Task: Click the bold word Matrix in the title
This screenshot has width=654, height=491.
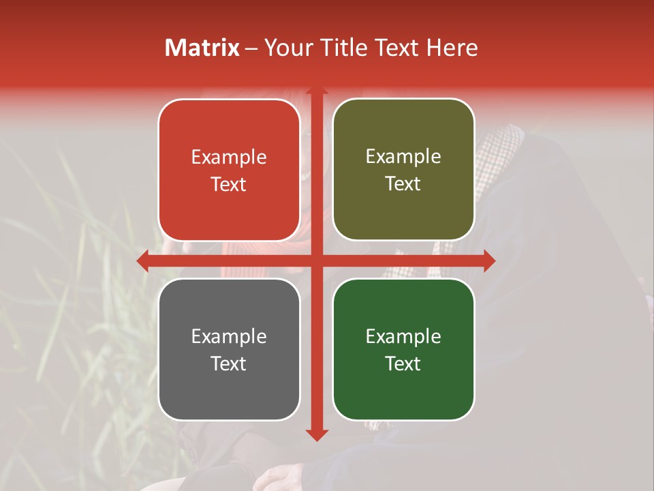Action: pyautogui.click(x=202, y=48)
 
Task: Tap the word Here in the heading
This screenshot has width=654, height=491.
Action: pyautogui.click(x=452, y=48)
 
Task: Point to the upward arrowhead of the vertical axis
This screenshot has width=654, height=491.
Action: pyautogui.click(x=317, y=92)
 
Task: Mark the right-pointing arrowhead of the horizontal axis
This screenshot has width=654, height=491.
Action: pyautogui.click(x=488, y=261)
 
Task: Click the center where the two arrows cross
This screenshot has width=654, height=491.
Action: pyautogui.click(x=317, y=261)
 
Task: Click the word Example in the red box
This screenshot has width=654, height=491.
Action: pyautogui.click(x=229, y=158)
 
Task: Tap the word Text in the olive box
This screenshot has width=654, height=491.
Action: pyautogui.click(x=403, y=183)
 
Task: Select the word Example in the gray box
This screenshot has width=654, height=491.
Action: pyautogui.click(x=229, y=336)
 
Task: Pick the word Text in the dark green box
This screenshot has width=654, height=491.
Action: pyautogui.click(x=403, y=363)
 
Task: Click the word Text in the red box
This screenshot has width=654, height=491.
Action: pyautogui.click(x=229, y=184)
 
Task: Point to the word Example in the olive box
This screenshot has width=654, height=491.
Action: pyautogui.click(x=403, y=157)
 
